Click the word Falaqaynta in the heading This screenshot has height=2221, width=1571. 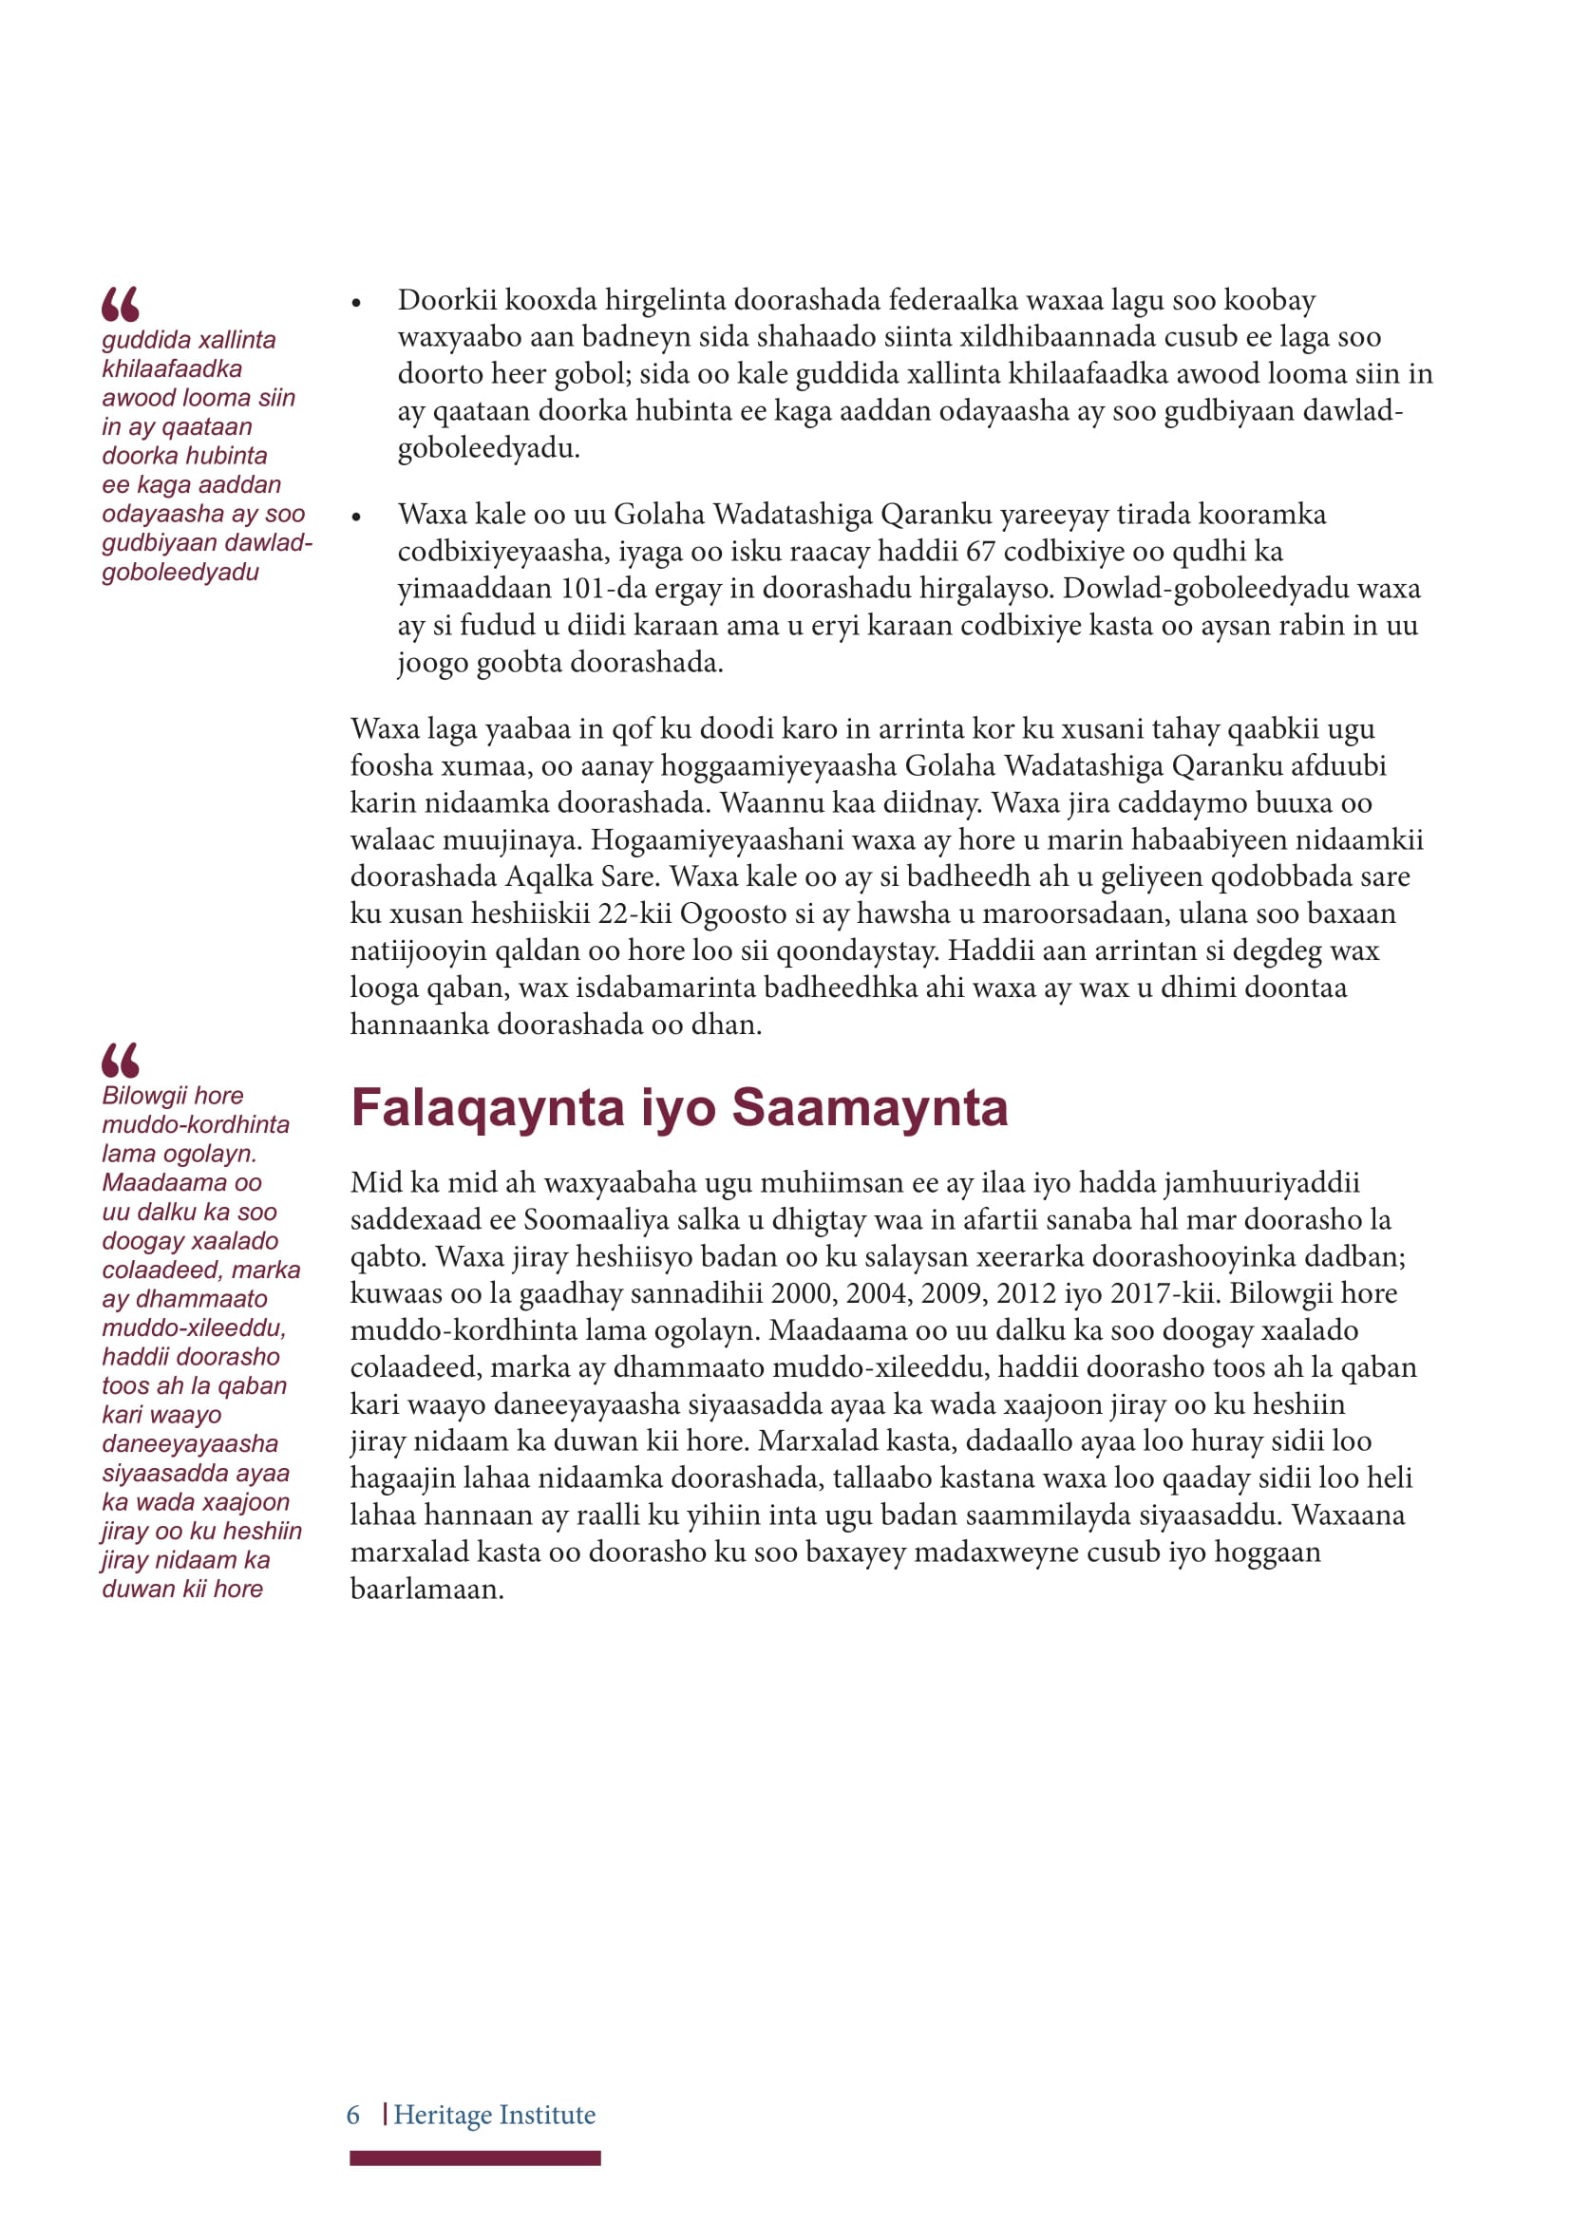(x=486, y=1108)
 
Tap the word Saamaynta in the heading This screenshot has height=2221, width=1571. (x=870, y=1108)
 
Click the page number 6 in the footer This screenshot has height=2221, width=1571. (x=353, y=2115)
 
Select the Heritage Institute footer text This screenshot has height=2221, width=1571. (x=494, y=2115)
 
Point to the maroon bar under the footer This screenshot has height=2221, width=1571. (x=475, y=2158)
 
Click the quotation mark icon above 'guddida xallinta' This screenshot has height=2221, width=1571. (x=120, y=304)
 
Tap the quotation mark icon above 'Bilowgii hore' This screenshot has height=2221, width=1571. (x=120, y=1061)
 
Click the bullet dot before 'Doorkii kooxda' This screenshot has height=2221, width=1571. (x=356, y=304)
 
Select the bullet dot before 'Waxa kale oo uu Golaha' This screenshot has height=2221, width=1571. (x=356, y=518)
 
